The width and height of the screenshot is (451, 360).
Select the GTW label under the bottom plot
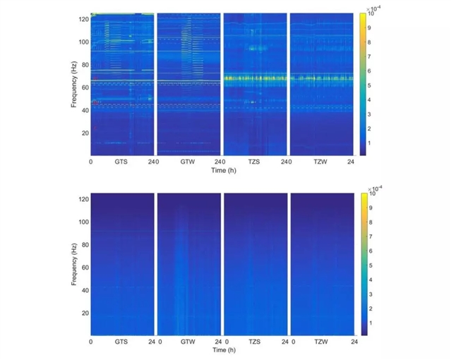point(188,342)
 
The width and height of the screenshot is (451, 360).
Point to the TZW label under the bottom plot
point(321,342)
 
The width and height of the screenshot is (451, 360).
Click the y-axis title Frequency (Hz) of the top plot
point(74,84)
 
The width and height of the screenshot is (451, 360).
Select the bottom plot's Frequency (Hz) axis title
point(74,263)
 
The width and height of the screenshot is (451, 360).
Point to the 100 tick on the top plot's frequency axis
point(83,42)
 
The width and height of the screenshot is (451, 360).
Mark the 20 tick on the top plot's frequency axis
point(85,133)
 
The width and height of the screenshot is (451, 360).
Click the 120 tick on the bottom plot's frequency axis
point(83,200)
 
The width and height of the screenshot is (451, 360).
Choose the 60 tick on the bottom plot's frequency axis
point(85,268)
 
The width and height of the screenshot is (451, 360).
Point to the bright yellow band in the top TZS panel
point(255,78)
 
